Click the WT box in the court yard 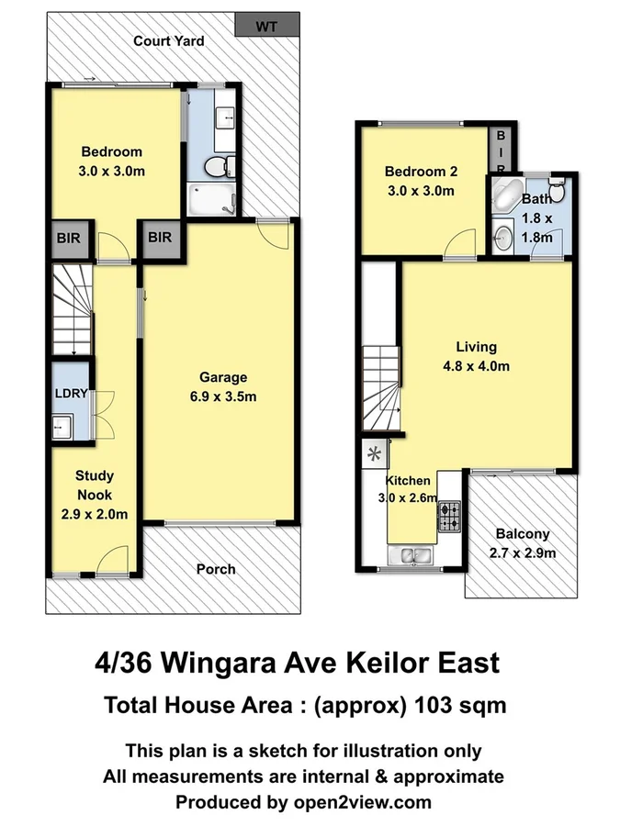tap(266, 26)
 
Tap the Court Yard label tap(168, 40)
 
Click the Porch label tap(216, 569)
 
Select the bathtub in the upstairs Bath tap(505, 195)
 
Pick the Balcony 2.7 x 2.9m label tap(522, 543)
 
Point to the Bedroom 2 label tap(421, 181)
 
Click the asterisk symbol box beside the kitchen tap(375, 452)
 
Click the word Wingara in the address tap(232, 662)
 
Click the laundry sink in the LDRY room tap(61, 425)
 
